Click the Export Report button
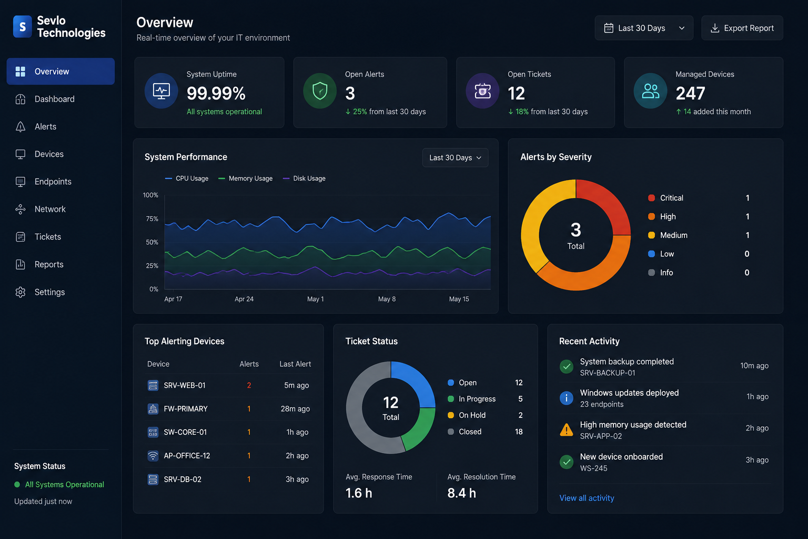pyautogui.click(x=742, y=28)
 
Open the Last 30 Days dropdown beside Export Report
pyautogui.click(x=644, y=28)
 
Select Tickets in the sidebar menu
pyautogui.click(x=48, y=237)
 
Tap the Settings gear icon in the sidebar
pyautogui.click(x=21, y=292)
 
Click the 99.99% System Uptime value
pyautogui.click(x=216, y=93)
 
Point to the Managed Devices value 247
pyautogui.click(x=690, y=93)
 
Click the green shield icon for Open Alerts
pyautogui.click(x=320, y=91)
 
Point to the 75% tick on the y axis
pyautogui.click(x=152, y=219)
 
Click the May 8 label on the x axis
pyautogui.click(x=387, y=299)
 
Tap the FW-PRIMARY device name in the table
pyautogui.click(x=186, y=408)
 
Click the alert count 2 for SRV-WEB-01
pyautogui.click(x=249, y=385)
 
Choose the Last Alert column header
pyautogui.click(x=295, y=364)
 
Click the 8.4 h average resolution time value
pyautogui.click(x=462, y=493)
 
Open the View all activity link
pyautogui.click(x=587, y=498)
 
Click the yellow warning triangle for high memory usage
pyautogui.click(x=567, y=430)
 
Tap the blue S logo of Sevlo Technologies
pyautogui.click(x=23, y=26)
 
